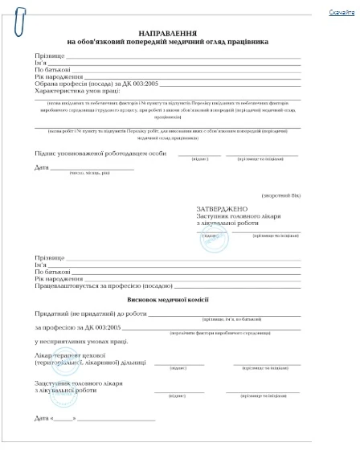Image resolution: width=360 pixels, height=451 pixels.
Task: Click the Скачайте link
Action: pyautogui.click(x=342, y=14)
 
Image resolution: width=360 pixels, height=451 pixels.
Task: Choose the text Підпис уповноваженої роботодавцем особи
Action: pyautogui.click(x=101, y=152)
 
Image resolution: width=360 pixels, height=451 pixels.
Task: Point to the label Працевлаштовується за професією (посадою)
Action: pyautogui.click(x=103, y=285)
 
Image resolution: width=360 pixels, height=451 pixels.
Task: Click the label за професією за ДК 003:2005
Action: pyautogui.click(x=77, y=327)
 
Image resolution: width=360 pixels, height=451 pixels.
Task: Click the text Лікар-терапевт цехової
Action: pyautogui.click(x=71, y=355)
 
